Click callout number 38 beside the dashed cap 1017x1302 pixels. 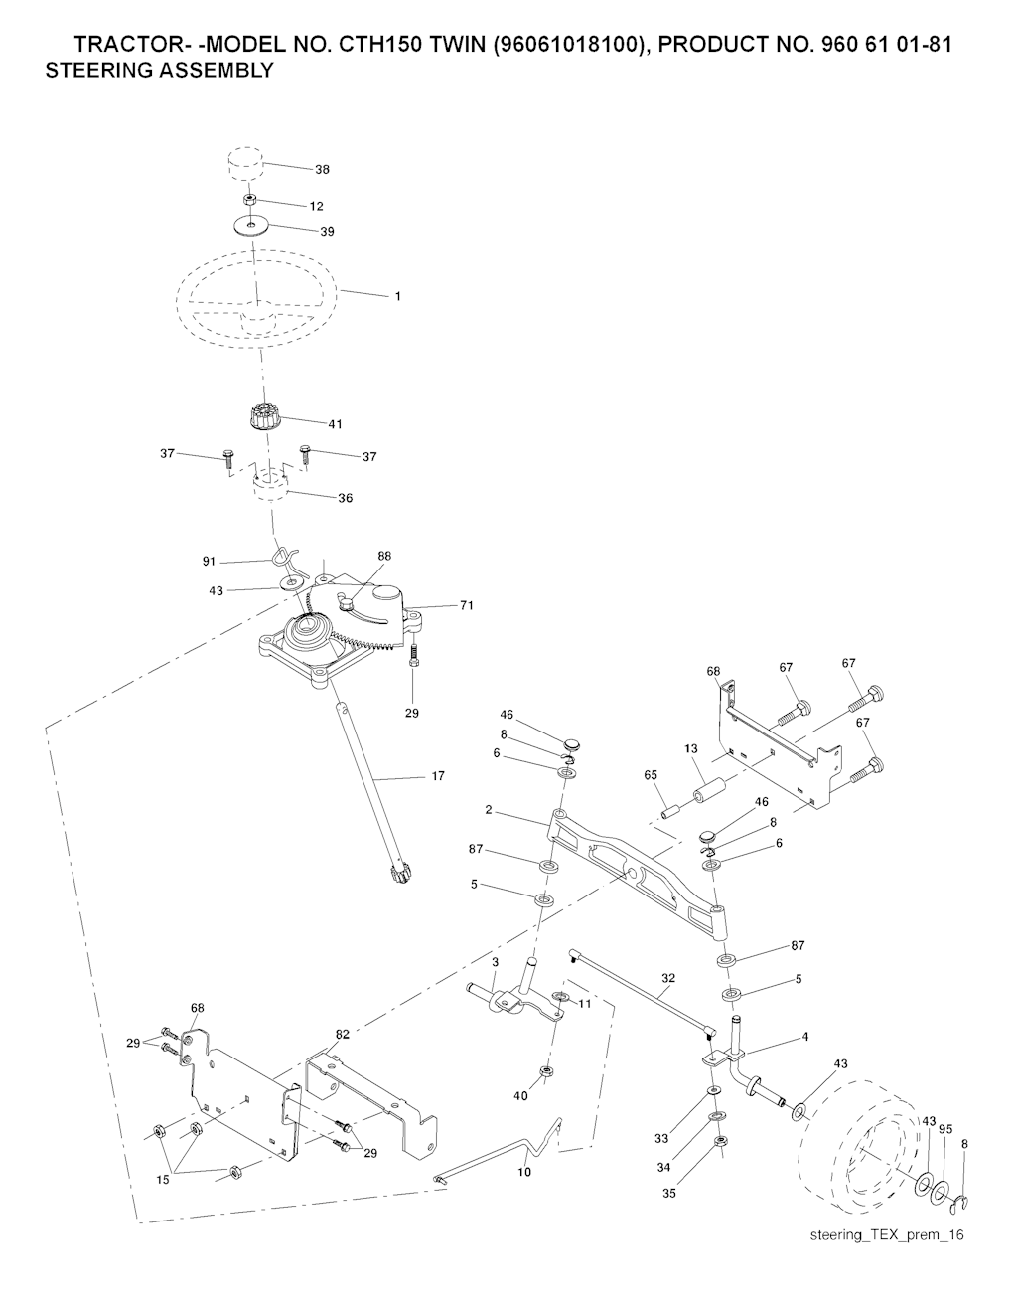(x=322, y=170)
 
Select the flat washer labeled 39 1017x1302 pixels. (x=251, y=226)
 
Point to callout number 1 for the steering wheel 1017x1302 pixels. (x=397, y=296)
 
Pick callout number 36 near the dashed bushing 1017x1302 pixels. (x=346, y=498)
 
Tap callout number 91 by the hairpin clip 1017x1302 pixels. (x=209, y=562)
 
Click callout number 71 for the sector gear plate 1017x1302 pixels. (x=467, y=605)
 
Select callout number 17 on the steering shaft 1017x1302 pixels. (x=438, y=776)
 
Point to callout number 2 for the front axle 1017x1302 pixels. (x=489, y=809)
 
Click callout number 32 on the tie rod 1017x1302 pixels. (x=668, y=978)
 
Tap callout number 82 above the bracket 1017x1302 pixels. (x=343, y=1035)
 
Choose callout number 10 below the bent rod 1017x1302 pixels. (x=524, y=1172)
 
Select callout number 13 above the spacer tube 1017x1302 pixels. (x=691, y=749)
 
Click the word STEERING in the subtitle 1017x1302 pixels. (x=94, y=71)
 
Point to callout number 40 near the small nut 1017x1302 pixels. (x=520, y=1096)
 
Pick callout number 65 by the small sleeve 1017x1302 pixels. (x=651, y=774)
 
